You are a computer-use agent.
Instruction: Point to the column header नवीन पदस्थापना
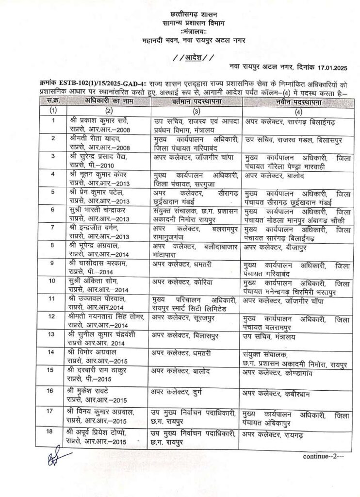click(289, 101)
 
